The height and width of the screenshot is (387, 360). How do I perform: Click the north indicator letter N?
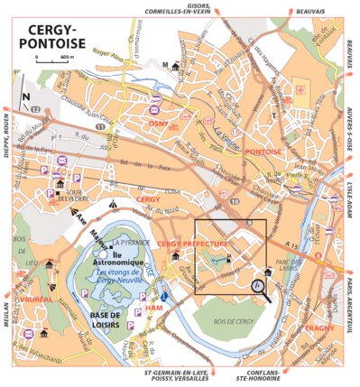(x=27, y=97)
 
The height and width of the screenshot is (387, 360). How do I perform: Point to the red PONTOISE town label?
(x=264, y=152)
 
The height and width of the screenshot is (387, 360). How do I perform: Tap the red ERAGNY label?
(x=319, y=328)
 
